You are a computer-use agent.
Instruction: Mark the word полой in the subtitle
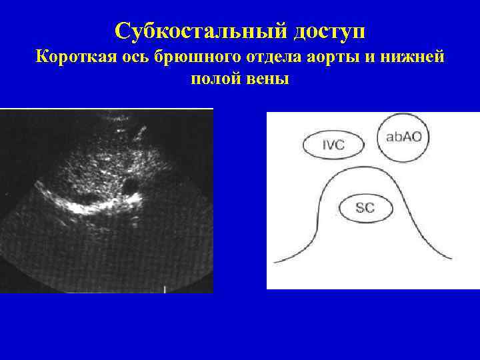pos(212,80)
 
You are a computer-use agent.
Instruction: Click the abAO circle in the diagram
pos(403,137)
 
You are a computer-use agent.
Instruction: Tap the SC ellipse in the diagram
pos(365,207)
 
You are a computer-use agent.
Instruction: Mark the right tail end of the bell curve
pos(451,258)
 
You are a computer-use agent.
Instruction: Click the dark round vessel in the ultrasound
pos(130,182)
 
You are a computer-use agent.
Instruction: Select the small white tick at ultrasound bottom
pos(165,289)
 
